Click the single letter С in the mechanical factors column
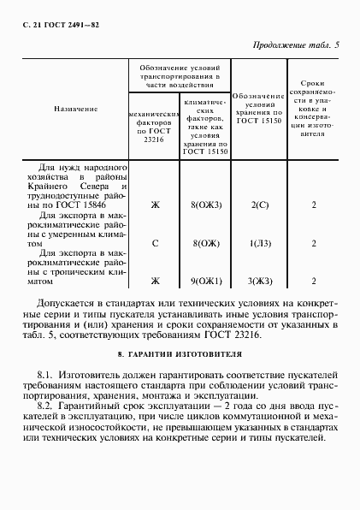[x=155, y=243]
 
